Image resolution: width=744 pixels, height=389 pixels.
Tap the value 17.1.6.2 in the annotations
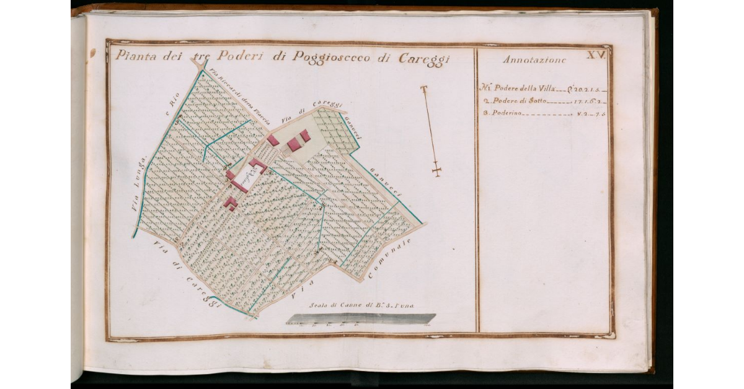pyautogui.click(x=588, y=100)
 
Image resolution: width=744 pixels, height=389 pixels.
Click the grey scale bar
pyautogui.click(x=360, y=318)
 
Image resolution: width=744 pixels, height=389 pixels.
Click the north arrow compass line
pyautogui.click(x=431, y=130)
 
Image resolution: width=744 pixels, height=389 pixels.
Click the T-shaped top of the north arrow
pyautogui.click(x=424, y=90)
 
